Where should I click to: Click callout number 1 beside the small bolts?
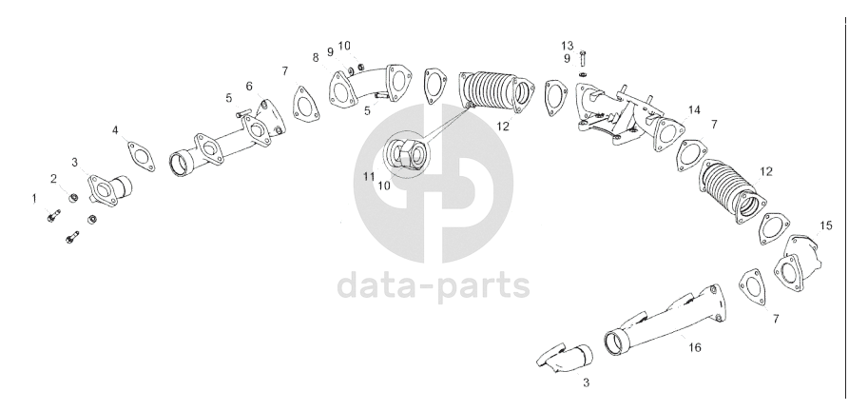click(x=34, y=198)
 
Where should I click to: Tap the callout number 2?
click(x=53, y=178)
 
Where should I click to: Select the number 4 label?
click(x=115, y=130)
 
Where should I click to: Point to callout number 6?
click(x=249, y=87)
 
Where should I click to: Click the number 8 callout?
click(x=316, y=58)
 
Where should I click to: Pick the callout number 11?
click(x=369, y=177)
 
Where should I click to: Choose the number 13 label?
click(x=568, y=46)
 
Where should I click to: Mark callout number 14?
click(x=694, y=110)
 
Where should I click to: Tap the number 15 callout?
click(x=826, y=225)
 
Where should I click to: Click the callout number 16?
click(x=694, y=347)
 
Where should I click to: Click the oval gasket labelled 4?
click(x=141, y=156)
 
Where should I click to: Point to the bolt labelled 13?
click(x=584, y=58)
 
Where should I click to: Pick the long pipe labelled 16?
click(x=665, y=321)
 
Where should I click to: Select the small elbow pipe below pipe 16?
click(x=566, y=359)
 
